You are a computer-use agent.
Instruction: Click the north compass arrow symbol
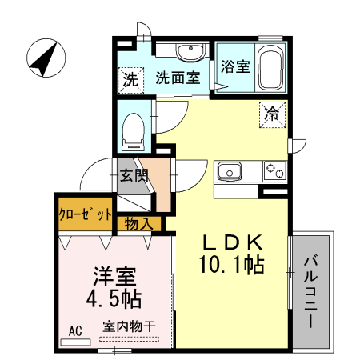tap(46, 60)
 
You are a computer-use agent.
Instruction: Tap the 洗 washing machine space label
tap(129, 79)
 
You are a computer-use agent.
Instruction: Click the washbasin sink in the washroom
tap(190, 53)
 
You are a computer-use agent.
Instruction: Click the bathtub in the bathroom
tap(270, 70)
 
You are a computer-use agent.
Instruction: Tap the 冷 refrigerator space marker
tap(274, 114)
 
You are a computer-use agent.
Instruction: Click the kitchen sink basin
tap(231, 171)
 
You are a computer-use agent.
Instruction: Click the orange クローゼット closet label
tap(84, 214)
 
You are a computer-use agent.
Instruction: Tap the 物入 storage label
tap(138, 225)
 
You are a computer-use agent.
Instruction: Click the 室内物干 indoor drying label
tap(129, 328)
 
